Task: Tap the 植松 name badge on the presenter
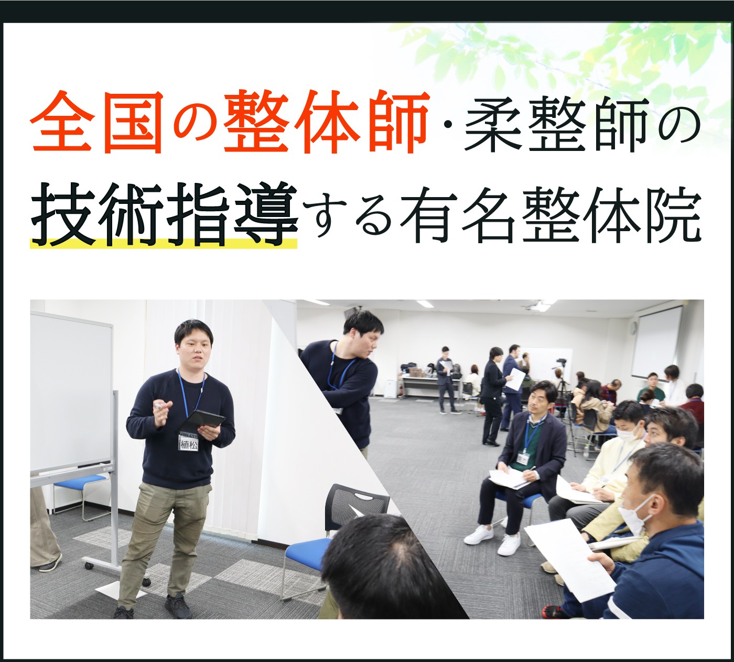[x=188, y=443]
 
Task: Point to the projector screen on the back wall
[x=656, y=341]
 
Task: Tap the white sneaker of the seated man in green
[x=479, y=534]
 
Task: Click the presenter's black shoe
[x=178, y=606]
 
